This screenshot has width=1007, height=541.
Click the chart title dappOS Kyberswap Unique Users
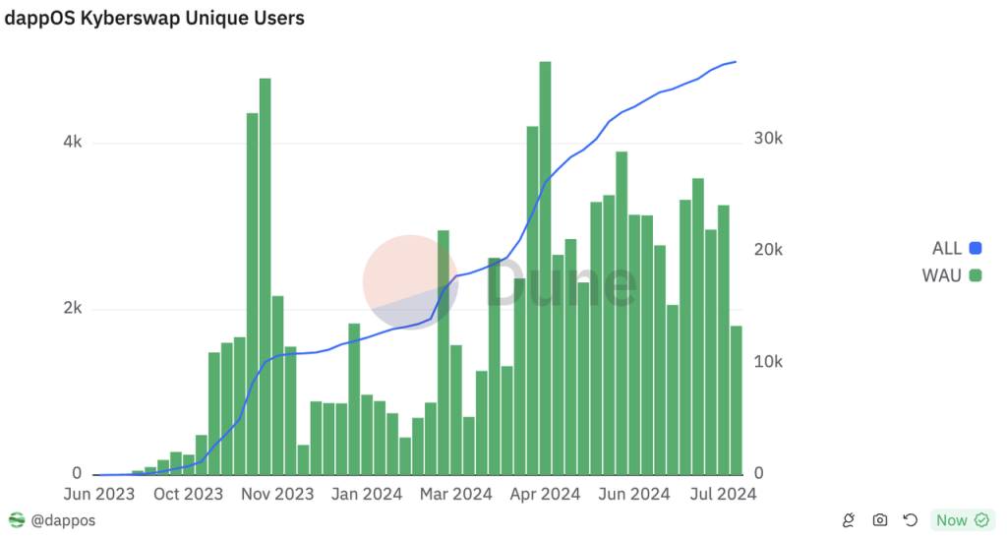(x=155, y=19)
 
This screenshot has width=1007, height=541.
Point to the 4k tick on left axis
(x=73, y=143)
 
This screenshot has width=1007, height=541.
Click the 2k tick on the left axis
(x=73, y=309)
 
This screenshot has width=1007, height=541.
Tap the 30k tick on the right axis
(x=768, y=139)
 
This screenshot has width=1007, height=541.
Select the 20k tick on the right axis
(x=768, y=250)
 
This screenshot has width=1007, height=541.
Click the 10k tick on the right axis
(x=768, y=362)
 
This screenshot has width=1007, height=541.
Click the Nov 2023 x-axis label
(x=278, y=494)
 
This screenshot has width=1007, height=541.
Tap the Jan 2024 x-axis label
(x=367, y=494)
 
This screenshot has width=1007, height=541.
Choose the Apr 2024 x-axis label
(x=545, y=494)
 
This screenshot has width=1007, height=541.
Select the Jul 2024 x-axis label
(x=722, y=494)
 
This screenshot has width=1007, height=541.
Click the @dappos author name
(x=64, y=520)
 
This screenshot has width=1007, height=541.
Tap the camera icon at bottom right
(x=880, y=520)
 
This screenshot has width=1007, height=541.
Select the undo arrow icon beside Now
(x=911, y=520)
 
